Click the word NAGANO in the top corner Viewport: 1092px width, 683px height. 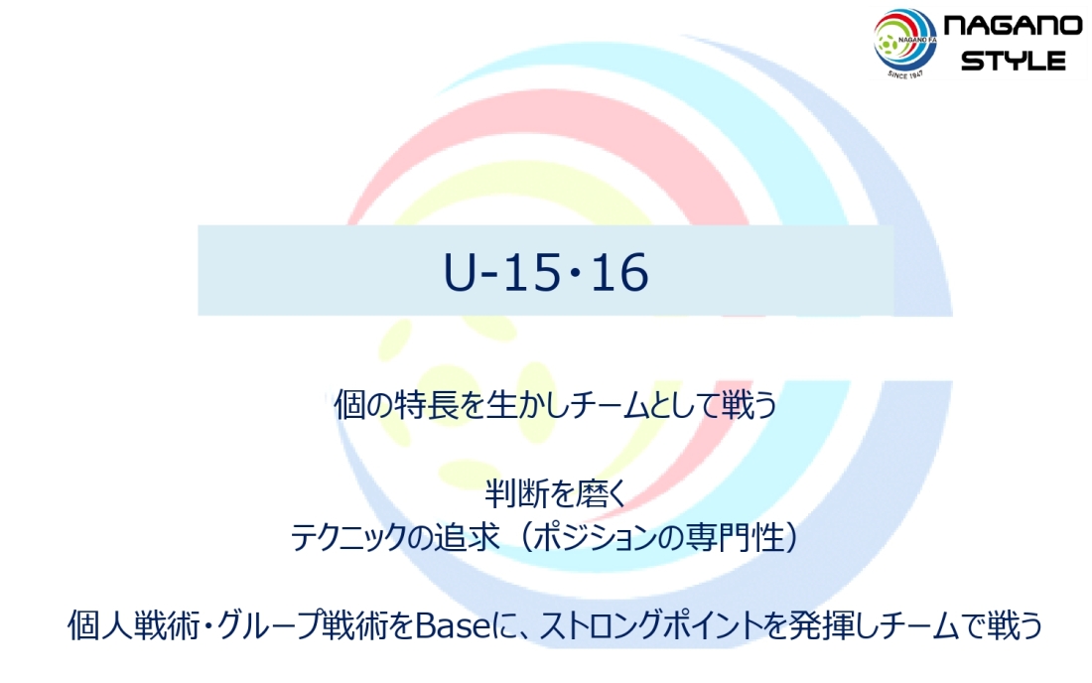coord(1013,26)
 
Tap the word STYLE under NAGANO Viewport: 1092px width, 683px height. coord(1014,61)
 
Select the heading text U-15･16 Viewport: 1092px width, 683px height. coord(546,272)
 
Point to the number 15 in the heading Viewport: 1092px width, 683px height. coord(531,272)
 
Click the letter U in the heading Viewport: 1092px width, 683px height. coord(460,272)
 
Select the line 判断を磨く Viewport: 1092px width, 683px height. coord(556,494)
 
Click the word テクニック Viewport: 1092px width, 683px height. coord(347,537)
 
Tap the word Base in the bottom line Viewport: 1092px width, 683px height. coord(453,625)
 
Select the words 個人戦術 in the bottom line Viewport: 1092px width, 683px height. coord(134,625)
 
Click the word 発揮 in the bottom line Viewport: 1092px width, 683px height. coord(819,625)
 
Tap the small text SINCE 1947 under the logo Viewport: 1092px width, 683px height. coord(906,72)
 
